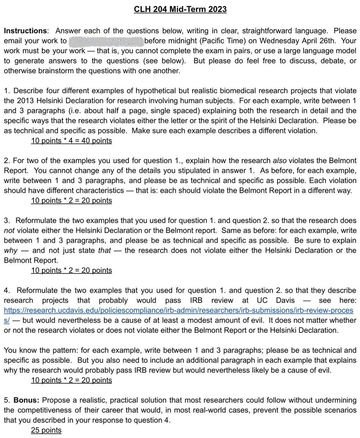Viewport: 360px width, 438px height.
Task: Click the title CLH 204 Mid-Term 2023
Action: (x=180, y=9)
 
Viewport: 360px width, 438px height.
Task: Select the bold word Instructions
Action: (x=25, y=31)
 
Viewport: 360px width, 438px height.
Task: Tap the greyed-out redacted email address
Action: (x=106, y=41)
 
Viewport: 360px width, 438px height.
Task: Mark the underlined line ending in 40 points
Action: (x=71, y=141)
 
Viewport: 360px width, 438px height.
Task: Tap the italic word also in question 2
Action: (x=279, y=161)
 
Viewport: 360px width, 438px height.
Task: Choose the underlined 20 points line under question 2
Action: (x=71, y=200)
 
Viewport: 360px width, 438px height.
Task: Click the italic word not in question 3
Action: (x=9, y=230)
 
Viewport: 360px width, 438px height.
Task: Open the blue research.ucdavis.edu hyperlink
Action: (x=178, y=310)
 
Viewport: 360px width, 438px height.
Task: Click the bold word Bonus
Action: (x=27, y=400)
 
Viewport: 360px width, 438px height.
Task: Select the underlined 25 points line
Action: (x=46, y=430)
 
